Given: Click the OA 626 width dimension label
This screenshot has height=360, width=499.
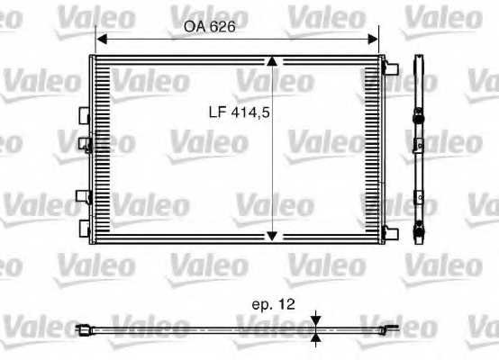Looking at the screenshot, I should pyautogui.click(x=209, y=26).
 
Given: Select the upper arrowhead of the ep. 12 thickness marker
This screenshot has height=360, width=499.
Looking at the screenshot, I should pyautogui.click(x=316, y=320).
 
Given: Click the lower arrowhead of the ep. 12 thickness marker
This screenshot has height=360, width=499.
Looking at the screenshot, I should pyautogui.click(x=316, y=338).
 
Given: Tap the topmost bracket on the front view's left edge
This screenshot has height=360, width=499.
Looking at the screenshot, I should pyautogui.click(x=85, y=115).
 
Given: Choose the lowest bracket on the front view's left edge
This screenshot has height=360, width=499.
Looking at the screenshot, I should pyautogui.click(x=85, y=225).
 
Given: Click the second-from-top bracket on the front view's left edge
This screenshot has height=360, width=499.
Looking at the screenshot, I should pyautogui.click(x=85, y=143).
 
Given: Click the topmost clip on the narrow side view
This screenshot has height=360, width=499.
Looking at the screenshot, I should pyautogui.click(x=419, y=114).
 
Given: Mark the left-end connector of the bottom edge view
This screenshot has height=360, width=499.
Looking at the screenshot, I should pyautogui.click(x=84, y=330).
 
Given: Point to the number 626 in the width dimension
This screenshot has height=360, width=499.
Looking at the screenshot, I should pyautogui.click(x=222, y=26).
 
